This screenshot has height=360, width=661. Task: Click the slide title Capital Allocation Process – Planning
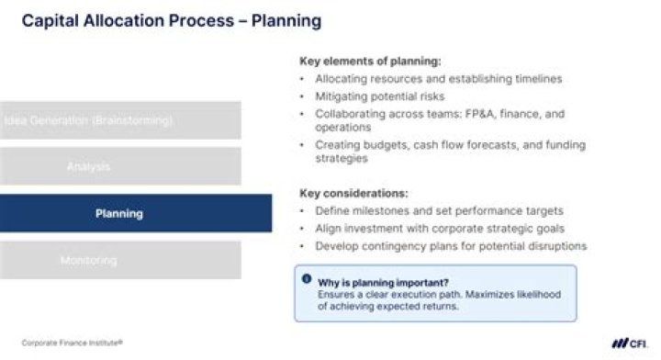[x=172, y=20]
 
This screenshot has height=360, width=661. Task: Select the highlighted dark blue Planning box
[x=135, y=214]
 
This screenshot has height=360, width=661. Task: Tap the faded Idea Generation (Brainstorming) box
[x=119, y=120]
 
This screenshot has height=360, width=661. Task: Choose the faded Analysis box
[x=119, y=167]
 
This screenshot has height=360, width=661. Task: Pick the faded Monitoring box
[x=119, y=261]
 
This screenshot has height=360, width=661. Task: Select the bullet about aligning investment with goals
[x=439, y=229]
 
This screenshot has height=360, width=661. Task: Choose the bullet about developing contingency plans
[x=450, y=245]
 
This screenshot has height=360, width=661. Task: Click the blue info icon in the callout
[x=306, y=279]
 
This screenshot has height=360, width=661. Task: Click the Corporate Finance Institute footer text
[x=72, y=342]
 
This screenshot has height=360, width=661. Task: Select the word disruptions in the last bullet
[x=555, y=245]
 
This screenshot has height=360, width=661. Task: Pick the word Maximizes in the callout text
[x=487, y=294]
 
